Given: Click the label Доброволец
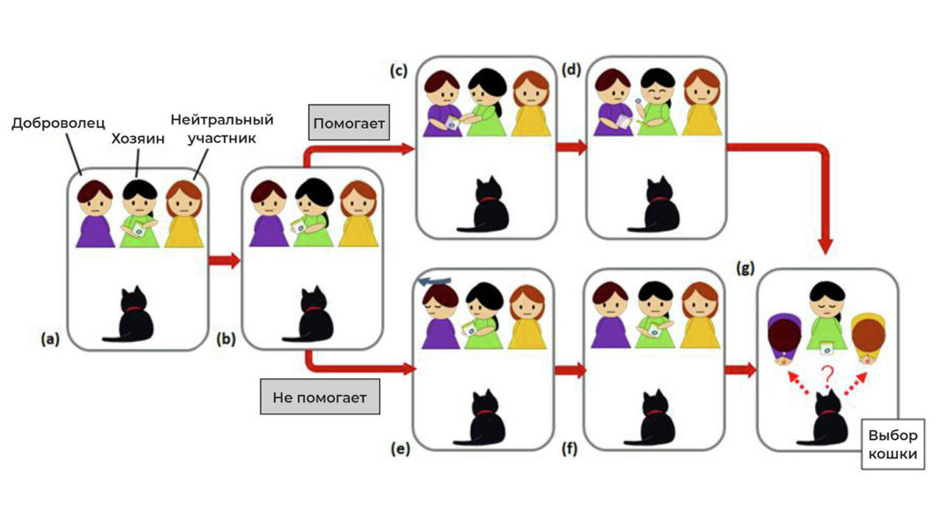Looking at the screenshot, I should (58, 124).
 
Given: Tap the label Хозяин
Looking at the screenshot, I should (137, 140).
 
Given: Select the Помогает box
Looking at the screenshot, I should (349, 125).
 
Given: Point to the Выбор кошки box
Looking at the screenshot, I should (892, 444).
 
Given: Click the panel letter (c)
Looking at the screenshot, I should (398, 70).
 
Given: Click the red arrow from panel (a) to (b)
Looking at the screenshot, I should (224, 261).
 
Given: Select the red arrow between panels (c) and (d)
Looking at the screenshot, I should (571, 147).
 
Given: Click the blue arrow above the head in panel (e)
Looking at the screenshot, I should (433, 282).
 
